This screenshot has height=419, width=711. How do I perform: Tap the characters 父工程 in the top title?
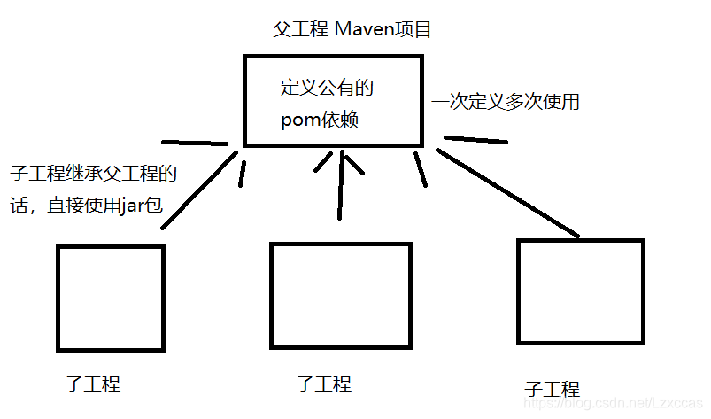coord(301,30)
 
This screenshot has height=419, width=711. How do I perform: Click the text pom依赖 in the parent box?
coord(320,120)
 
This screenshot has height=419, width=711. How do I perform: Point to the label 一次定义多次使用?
coord(506,102)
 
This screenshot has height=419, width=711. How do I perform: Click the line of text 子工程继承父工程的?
coord(93,173)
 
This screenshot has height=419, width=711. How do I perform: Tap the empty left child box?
coord(111,297)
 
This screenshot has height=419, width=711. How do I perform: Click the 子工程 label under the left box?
coord(93,384)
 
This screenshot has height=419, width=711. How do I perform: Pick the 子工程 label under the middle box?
coord(323,384)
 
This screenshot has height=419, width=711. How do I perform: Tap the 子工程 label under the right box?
coord(552,389)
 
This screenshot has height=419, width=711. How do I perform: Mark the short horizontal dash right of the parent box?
coord(476,139)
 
